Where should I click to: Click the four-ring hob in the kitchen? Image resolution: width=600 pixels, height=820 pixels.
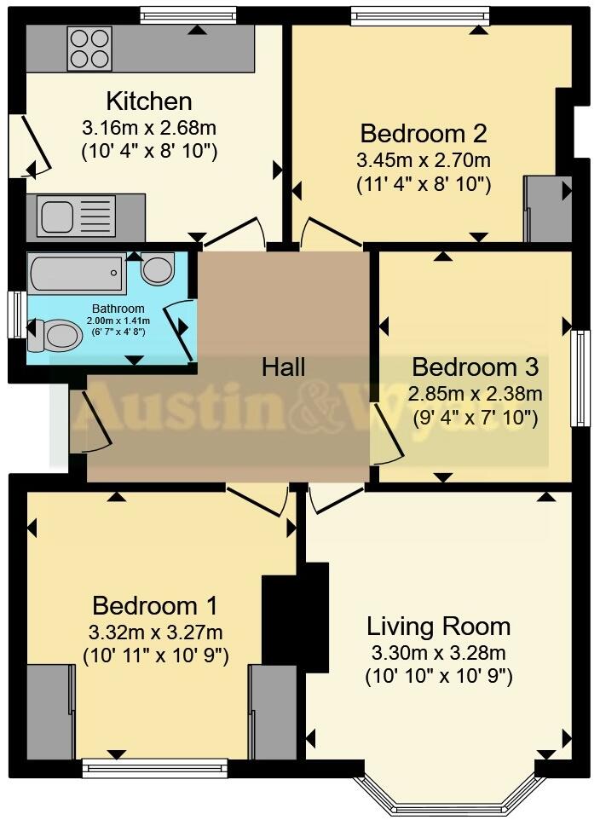pyautogui.click(x=89, y=49)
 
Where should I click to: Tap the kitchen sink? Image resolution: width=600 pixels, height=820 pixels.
pyautogui.click(x=59, y=217)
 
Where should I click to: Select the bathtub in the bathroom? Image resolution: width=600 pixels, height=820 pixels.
pyautogui.click(x=77, y=274)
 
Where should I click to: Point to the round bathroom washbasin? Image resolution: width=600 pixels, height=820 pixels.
pyautogui.click(x=158, y=269)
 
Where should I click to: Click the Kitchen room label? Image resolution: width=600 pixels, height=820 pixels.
pyautogui.click(x=149, y=101)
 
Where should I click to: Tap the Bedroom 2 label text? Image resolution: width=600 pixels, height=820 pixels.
pyautogui.click(x=424, y=134)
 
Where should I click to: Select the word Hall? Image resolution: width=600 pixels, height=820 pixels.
pyautogui.click(x=283, y=367)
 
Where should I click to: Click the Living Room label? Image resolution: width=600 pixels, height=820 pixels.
pyautogui.click(x=438, y=627)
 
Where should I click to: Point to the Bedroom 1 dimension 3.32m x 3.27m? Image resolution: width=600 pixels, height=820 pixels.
pyautogui.click(x=155, y=632)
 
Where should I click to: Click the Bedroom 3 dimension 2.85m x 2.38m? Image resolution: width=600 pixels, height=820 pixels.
pyautogui.click(x=475, y=393)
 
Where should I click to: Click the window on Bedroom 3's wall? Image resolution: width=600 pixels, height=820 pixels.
pyautogui.click(x=580, y=378)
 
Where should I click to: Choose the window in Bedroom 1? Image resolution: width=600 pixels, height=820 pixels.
pyautogui.click(x=155, y=768)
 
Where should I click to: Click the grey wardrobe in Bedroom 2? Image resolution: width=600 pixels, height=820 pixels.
pyautogui.click(x=547, y=208)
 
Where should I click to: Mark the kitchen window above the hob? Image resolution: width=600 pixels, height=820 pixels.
pyautogui.click(x=187, y=14)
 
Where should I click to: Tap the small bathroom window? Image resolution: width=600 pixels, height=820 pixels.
pyautogui.click(x=14, y=315)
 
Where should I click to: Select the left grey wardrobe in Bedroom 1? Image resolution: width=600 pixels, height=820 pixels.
pyautogui.click(x=49, y=712)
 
